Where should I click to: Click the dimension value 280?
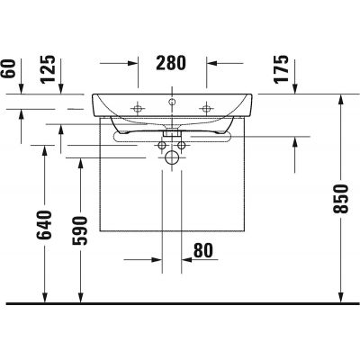tap(171, 63)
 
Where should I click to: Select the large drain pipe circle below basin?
tap(172, 156)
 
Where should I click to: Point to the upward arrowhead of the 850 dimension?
tap(340, 99)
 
